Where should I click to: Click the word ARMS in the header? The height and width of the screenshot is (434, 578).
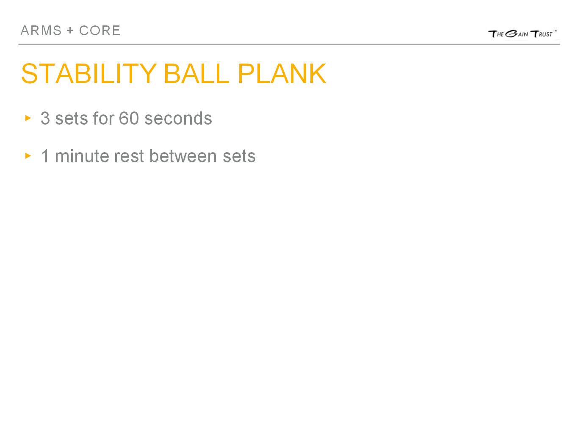41,31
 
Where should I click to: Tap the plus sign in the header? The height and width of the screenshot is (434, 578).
70,31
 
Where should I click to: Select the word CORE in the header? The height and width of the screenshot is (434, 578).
100,31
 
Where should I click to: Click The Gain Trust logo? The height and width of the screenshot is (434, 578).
522,33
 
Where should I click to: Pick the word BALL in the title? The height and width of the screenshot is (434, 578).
196,74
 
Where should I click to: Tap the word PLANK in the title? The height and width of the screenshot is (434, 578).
282,74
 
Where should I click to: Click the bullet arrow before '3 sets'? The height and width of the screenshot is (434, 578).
28,118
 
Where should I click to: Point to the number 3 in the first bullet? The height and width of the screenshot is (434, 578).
45,119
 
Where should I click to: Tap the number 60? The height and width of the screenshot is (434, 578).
129,119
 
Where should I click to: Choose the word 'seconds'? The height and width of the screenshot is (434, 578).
178,119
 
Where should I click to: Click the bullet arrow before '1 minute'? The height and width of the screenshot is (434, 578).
28,156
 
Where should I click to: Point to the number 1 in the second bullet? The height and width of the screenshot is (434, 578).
45,156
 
